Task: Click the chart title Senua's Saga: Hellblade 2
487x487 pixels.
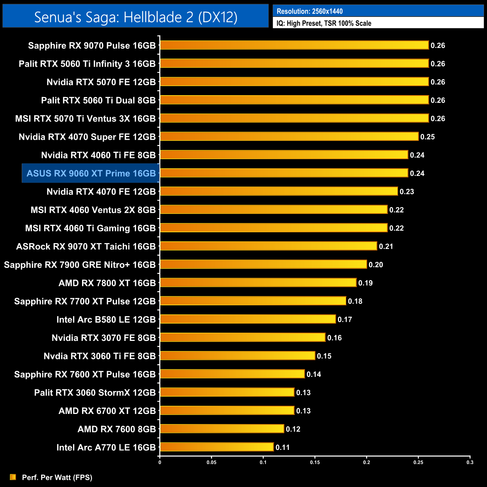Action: (x=136, y=17)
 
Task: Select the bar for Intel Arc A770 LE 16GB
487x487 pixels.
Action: (x=217, y=447)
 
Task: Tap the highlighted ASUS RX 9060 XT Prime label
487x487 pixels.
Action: (x=91, y=173)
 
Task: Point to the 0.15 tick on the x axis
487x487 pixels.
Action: (x=315, y=462)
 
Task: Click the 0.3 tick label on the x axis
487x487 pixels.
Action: (x=470, y=462)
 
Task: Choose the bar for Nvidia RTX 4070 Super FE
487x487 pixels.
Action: (x=289, y=136)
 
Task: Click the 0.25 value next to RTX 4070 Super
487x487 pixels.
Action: (x=427, y=137)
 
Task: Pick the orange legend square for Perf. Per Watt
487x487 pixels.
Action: (x=13, y=477)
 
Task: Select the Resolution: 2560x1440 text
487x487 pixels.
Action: (x=309, y=11)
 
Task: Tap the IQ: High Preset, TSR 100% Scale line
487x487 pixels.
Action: (x=324, y=23)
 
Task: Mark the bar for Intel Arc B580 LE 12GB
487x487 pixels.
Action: (x=248, y=319)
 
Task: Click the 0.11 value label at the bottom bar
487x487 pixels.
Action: (x=282, y=447)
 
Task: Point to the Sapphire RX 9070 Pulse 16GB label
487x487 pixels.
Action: (x=92, y=46)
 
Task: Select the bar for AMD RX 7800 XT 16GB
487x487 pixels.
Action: (x=258, y=282)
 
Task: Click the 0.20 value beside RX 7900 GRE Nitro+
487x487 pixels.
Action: (x=376, y=265)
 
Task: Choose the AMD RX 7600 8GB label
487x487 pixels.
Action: (x=117, y=429)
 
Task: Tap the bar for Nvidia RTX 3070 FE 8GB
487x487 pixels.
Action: (x=243, y=338)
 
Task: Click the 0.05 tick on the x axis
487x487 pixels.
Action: (x=211, y=462)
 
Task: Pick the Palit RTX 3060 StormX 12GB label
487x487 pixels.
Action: (x=95, y=393)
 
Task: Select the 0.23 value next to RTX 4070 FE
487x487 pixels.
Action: (x=407, y=192)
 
